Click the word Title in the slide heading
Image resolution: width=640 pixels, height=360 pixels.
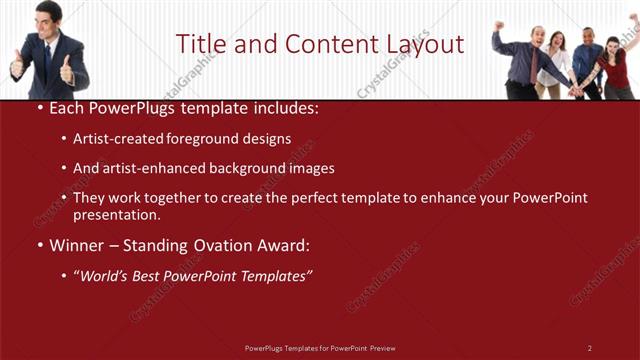point(202,44)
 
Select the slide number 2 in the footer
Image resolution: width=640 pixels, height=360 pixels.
point(590,347)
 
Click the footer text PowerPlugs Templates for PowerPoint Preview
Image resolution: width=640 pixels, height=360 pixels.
point(320,347)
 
